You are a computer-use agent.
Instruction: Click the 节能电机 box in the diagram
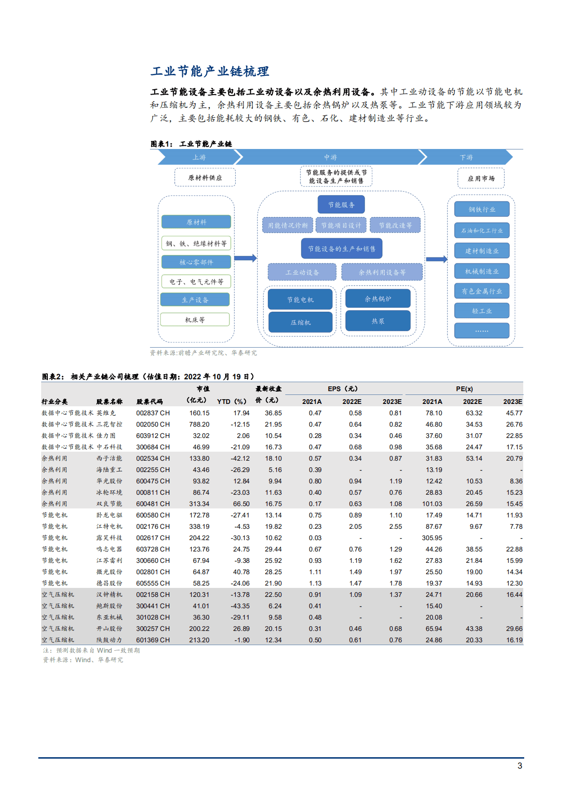point(300,299)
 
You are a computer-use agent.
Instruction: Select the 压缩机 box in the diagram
point(300,322)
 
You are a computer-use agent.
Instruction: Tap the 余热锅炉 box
point(378,298)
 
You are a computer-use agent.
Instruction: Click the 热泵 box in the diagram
point(378,321)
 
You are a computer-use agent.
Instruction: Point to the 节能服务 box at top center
point(341,205)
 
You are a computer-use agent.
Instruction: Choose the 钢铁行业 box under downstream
point(482,209)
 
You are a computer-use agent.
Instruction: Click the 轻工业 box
point(482,311)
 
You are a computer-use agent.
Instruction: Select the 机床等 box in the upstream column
point(194,320)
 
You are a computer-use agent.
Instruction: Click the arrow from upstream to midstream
point(245,258)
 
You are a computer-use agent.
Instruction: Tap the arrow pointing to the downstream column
point(436,259)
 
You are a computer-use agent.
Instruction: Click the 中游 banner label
point(330,157)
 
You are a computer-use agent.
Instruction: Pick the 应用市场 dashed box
point(481,178)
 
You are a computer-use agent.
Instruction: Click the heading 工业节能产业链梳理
point(210,71)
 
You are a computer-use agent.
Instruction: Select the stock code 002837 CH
point(153,413)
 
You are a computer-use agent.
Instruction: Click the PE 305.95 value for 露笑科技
point(432,538)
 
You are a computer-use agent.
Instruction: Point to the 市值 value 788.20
point(199,424)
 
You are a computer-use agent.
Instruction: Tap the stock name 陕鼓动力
point(109,640)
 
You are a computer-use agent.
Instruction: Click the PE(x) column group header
point(464,389)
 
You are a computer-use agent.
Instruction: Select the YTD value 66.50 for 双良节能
point(241,504)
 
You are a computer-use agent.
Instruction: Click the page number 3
point(520,766)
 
